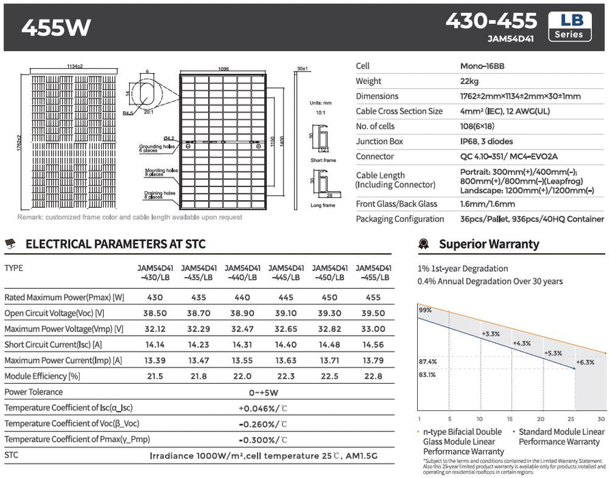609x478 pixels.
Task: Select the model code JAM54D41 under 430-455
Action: (x=511, y=39)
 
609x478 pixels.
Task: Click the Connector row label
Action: (x=374, y=156)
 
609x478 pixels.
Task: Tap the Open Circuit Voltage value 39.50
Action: (x=373, y=313)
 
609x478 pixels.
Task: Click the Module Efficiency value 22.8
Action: (x=373, y=376)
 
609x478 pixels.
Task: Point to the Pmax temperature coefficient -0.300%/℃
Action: (x=263, y=439)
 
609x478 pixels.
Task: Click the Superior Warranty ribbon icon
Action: (x=424, y=244)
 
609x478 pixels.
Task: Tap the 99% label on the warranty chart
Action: (x=425, y=310)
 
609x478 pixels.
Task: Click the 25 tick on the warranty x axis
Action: (x=571, y=419)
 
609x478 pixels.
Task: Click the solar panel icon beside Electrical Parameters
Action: (x=12, y=244)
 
